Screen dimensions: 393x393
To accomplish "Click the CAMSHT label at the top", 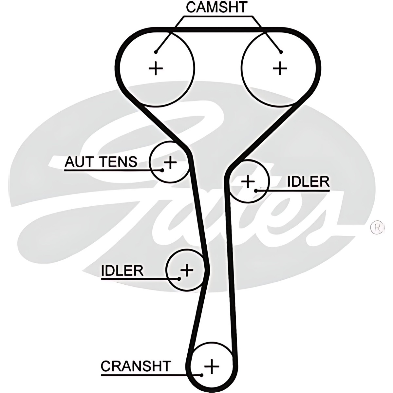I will [x=217, y=7].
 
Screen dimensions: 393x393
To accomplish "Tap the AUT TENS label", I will [x=101, y=162].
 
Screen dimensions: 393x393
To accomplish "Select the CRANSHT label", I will [x=136, y=366].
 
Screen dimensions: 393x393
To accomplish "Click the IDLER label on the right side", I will [x=308, y=182].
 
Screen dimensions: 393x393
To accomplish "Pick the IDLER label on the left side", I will [x=122, y=271].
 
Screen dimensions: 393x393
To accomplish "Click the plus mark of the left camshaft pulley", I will [x=156, y=69].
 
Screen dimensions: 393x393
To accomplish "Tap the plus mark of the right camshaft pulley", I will [x=280, y=68].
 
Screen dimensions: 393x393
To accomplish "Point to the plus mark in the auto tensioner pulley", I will [x=170, y=162].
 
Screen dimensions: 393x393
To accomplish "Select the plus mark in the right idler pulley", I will [x=248, y=181].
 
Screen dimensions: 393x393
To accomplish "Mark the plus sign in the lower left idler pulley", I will [x=187, y=270].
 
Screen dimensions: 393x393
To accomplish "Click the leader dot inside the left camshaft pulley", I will [x=156, y=52].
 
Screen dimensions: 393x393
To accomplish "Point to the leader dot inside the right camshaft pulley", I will [x=280, y=52].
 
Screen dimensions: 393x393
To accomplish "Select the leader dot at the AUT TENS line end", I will [x=162, y=170].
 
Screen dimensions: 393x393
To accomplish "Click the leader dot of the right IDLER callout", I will [x=256, y=190].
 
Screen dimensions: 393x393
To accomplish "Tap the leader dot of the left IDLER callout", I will [x=179, y=279].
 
